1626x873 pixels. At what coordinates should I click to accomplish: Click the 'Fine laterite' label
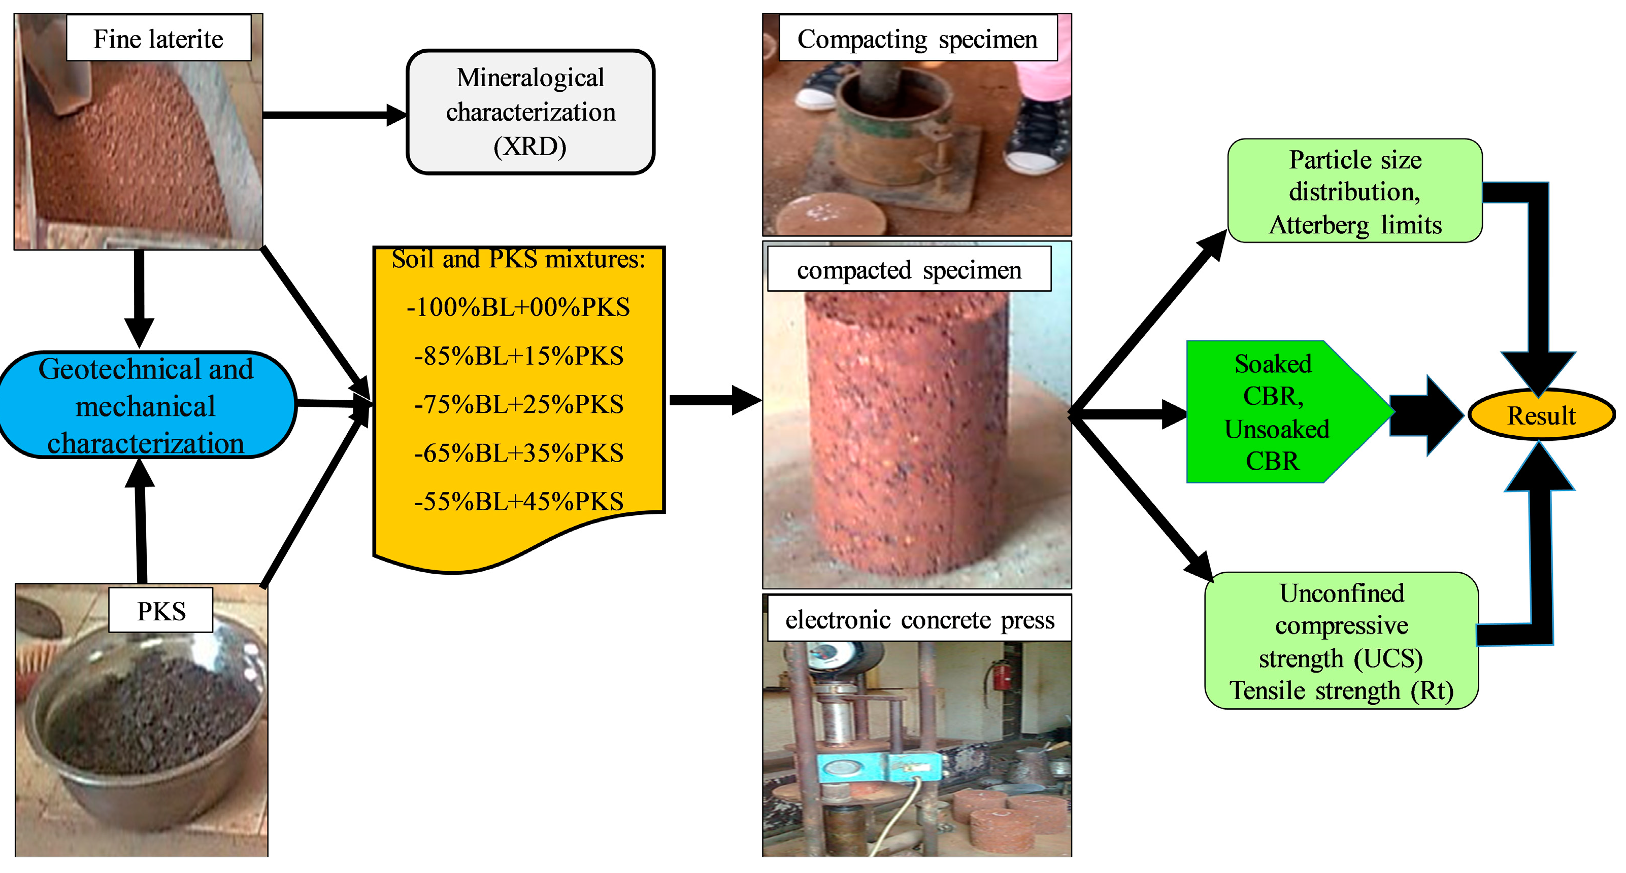coord(159,39)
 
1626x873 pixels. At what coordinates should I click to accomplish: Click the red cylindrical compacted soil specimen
coord(909,435)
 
